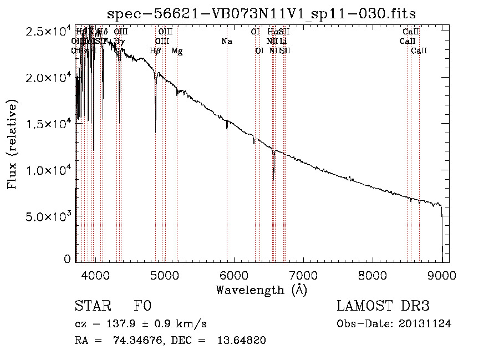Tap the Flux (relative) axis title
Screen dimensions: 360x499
tap(12, 144)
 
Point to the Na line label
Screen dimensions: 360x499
tap(226, 42)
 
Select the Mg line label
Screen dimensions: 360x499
tap(177, 51)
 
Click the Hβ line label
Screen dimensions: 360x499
tap(155, 51)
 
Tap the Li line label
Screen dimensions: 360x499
tap(283, 42)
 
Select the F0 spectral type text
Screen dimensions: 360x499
tap(142, 306)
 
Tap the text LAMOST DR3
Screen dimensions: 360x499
tap(383, 306)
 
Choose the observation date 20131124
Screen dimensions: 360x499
tap(426, 324)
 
